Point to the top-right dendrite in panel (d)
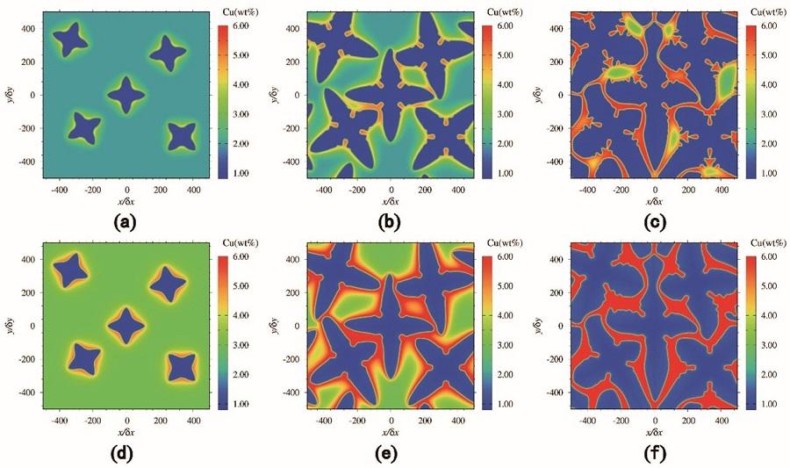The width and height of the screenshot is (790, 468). (x=168, y=283)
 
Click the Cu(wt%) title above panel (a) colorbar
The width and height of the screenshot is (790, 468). (x=233, y=12)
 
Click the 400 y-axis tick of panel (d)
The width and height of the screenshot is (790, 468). (x=32, y=260)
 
